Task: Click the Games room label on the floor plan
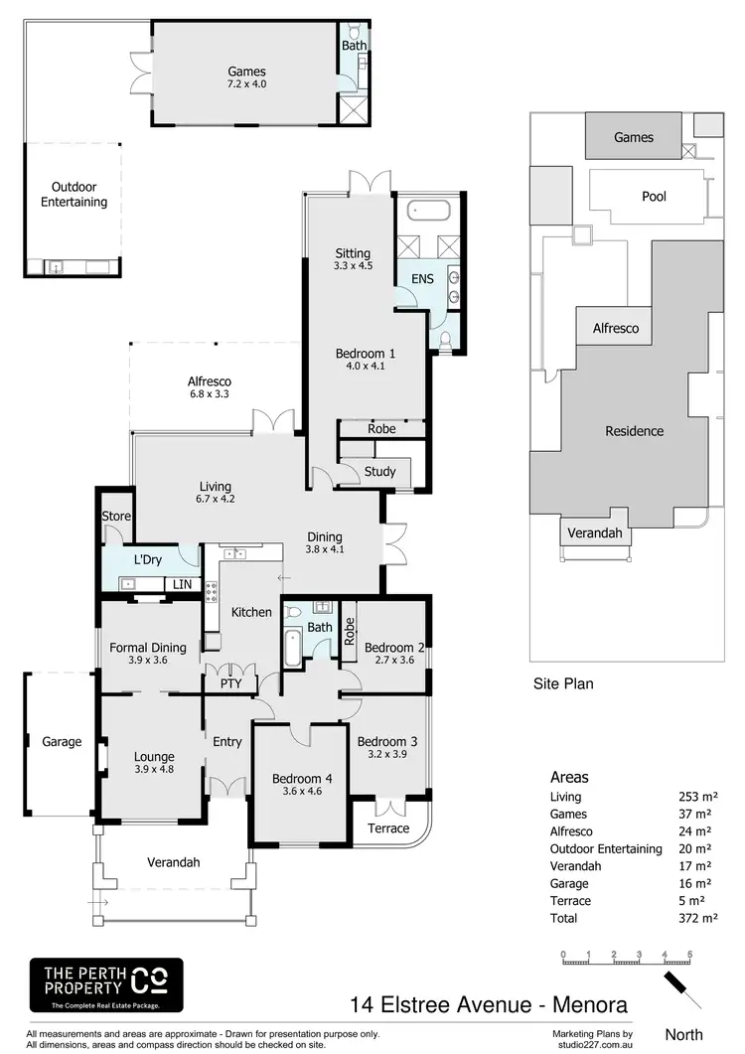[x=246, y=71]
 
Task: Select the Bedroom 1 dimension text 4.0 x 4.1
[x=365, y=366]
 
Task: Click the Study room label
[x=379, y=472]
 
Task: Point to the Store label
[x=116, y=517]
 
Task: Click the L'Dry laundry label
[x=147, y=560]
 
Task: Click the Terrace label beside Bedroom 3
[x=388, y=828]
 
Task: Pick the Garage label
[x=62, y=741]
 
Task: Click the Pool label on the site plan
[x=654, y=196]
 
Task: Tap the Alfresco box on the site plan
[x=616, y=328]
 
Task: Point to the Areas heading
[x=569, y=777]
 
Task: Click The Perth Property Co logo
[x=106, y=986]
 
